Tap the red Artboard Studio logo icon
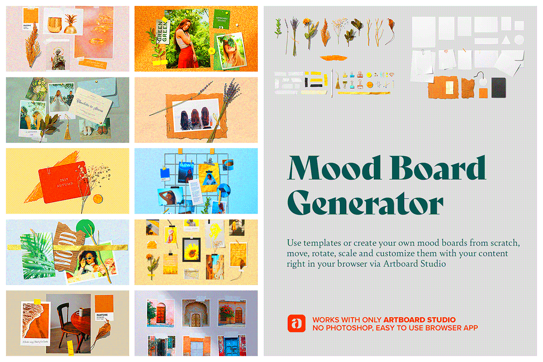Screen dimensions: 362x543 pos(296,323)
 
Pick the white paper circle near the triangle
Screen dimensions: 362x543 pos(519,39)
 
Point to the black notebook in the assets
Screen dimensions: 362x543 pos(499,87)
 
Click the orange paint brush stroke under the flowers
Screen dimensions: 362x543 pos(331,57)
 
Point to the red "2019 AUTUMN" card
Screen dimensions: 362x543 pos(61,180)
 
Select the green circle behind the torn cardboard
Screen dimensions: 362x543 pos(85,228)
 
